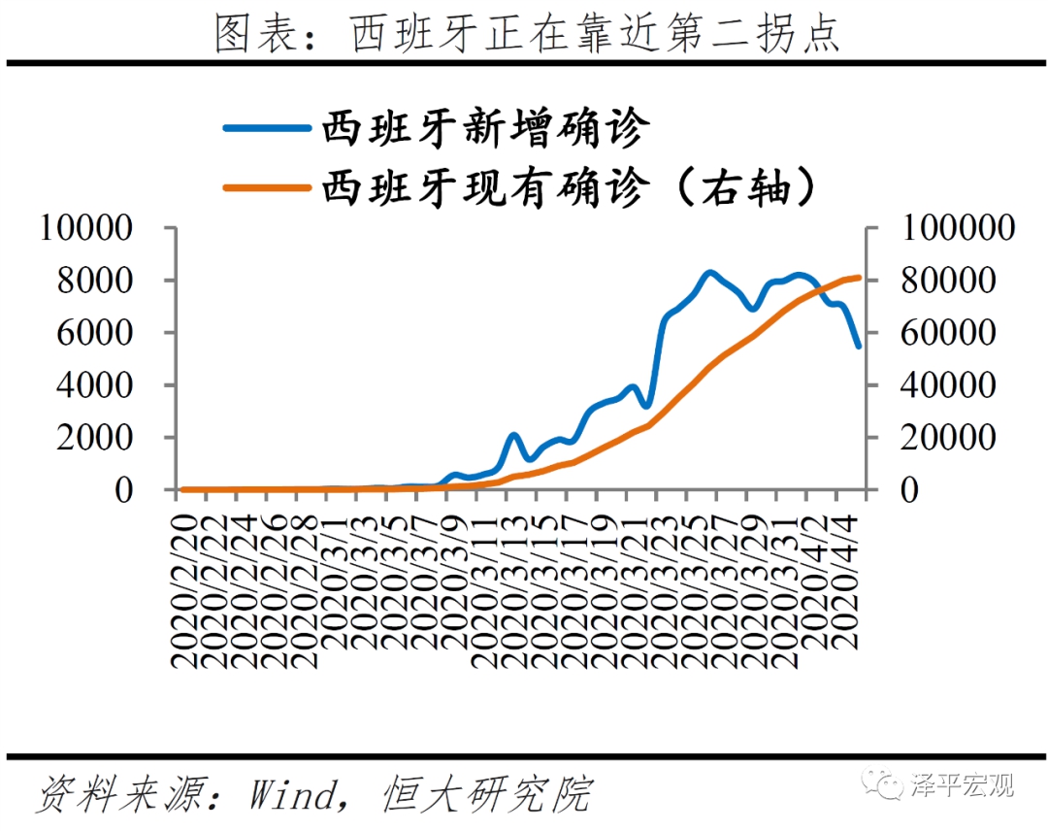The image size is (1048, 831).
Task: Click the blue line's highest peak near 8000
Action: pyautogui.click(x=709, y=273)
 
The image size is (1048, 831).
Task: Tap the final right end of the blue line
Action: pyautogui.click(x=858, y=345)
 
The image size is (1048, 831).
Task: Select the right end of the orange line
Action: pyautogui.click(x=859, y=278)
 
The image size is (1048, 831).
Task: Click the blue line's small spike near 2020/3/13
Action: pyautogui.click(x=514, y=436)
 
